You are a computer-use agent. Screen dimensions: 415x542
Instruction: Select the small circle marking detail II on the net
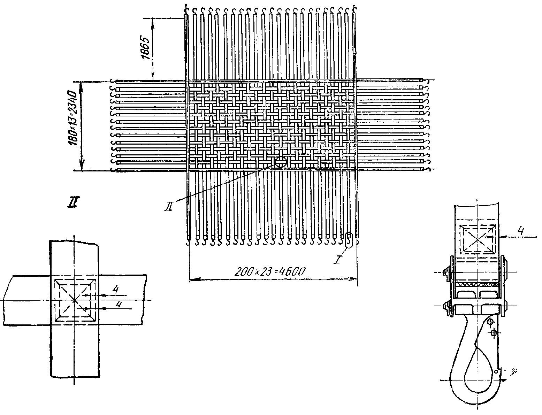280,162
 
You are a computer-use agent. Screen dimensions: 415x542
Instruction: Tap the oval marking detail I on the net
349,240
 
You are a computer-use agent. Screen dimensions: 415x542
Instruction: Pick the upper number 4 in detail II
116,289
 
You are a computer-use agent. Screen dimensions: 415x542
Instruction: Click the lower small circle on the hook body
494,333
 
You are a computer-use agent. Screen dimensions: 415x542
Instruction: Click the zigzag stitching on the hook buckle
478,285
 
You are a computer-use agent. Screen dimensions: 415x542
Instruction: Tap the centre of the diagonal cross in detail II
74,300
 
